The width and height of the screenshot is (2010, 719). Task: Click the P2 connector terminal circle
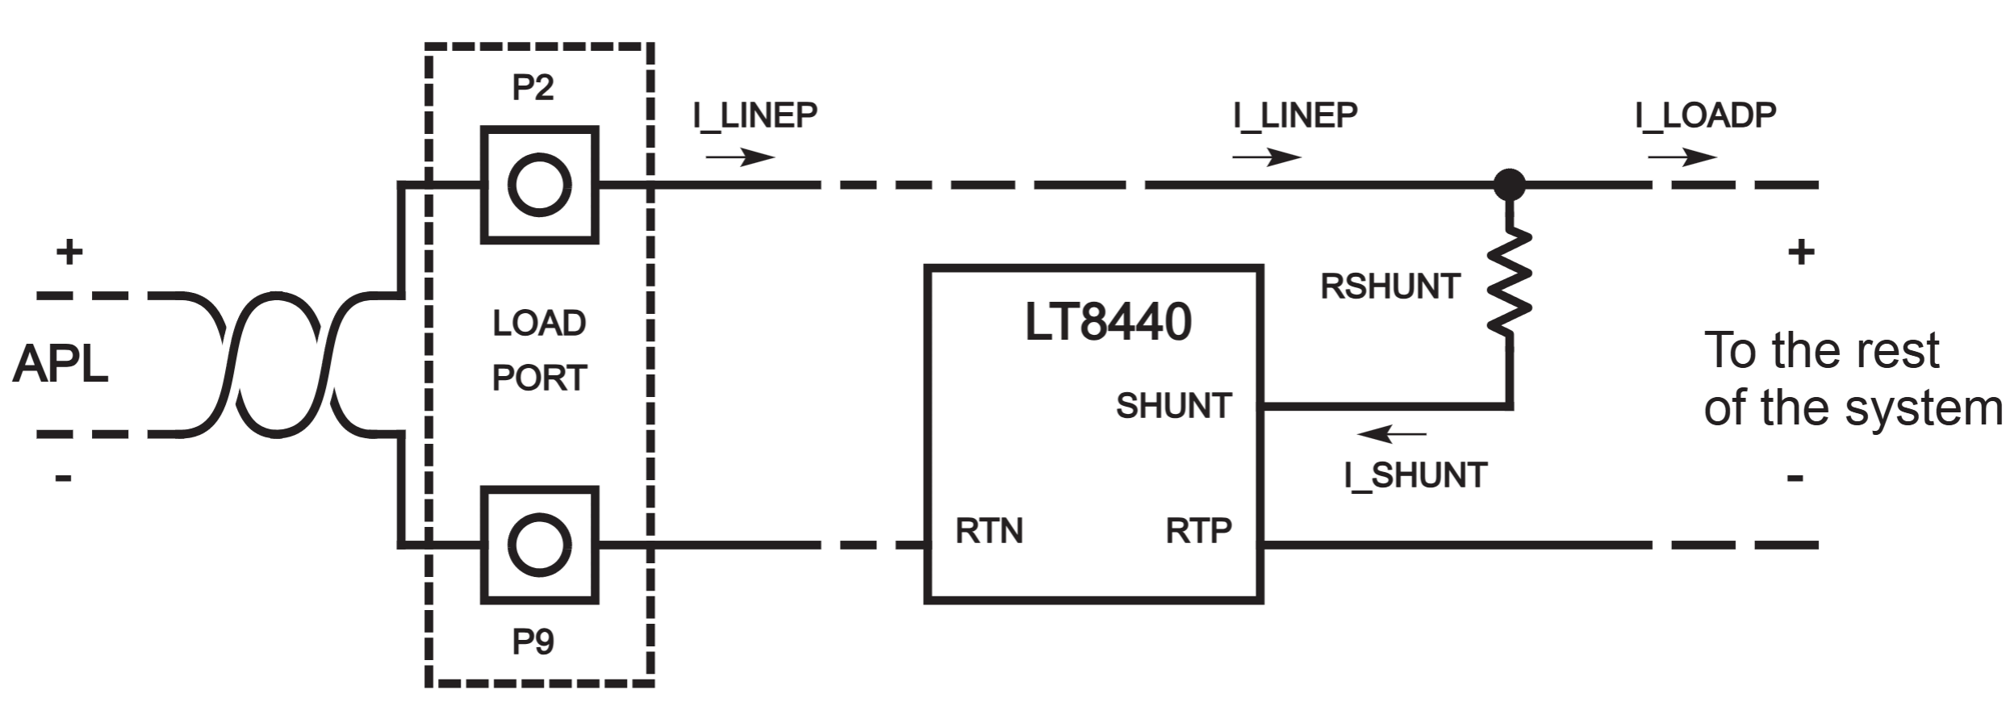point(539,185)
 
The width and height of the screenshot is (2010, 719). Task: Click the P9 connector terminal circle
point(539,546)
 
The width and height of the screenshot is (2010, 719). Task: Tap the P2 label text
point(533,88)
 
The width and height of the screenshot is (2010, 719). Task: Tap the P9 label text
point(533,642)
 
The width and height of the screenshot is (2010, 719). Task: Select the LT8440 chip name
point(1107,322)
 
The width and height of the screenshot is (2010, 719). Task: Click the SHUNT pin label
point(1173,406)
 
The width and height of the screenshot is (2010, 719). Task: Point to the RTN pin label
point(988,531)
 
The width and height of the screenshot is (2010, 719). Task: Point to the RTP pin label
point(1198,531)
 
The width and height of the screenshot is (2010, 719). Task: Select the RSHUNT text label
point(1389,286)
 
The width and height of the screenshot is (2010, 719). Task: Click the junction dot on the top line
point(1509,185)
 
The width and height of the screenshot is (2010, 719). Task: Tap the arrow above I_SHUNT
point(1391,435)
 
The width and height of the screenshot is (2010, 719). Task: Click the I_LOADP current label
point(1705,115)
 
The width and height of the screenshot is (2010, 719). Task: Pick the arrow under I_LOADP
point(1682,157)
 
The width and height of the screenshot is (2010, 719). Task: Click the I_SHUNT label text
point(1415,475)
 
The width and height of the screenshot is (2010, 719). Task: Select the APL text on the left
point(61,366)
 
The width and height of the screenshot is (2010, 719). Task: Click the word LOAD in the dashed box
point(539,324)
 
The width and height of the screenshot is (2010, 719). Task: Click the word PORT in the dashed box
point(539,378)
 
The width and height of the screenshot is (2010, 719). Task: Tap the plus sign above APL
point(69,253)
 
